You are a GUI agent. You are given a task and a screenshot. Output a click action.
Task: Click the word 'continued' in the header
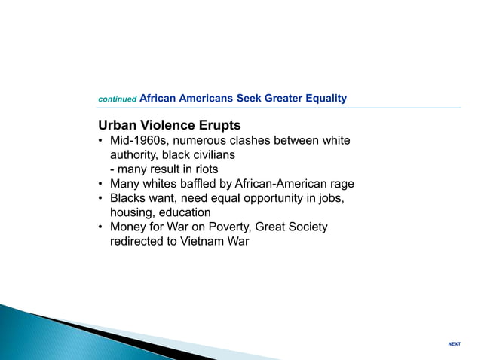(x=118, y=99)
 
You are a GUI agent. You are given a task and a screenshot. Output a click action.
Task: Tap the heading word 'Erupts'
(x=219, y=124)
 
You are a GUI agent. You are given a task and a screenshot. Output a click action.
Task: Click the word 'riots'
(x=204, y=169)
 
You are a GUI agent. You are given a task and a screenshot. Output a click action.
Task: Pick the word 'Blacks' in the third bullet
(x=129, y=198)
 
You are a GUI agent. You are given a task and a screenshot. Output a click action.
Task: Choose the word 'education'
(x=185, y=212)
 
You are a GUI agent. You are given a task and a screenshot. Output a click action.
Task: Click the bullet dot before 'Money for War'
(x=101, y=227)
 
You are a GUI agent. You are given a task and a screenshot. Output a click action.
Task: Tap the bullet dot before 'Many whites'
(x=101, y=184)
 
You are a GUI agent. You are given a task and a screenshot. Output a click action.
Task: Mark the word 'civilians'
(x=210, y=155)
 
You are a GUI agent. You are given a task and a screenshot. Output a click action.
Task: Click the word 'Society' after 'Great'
(x=308, y=227)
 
